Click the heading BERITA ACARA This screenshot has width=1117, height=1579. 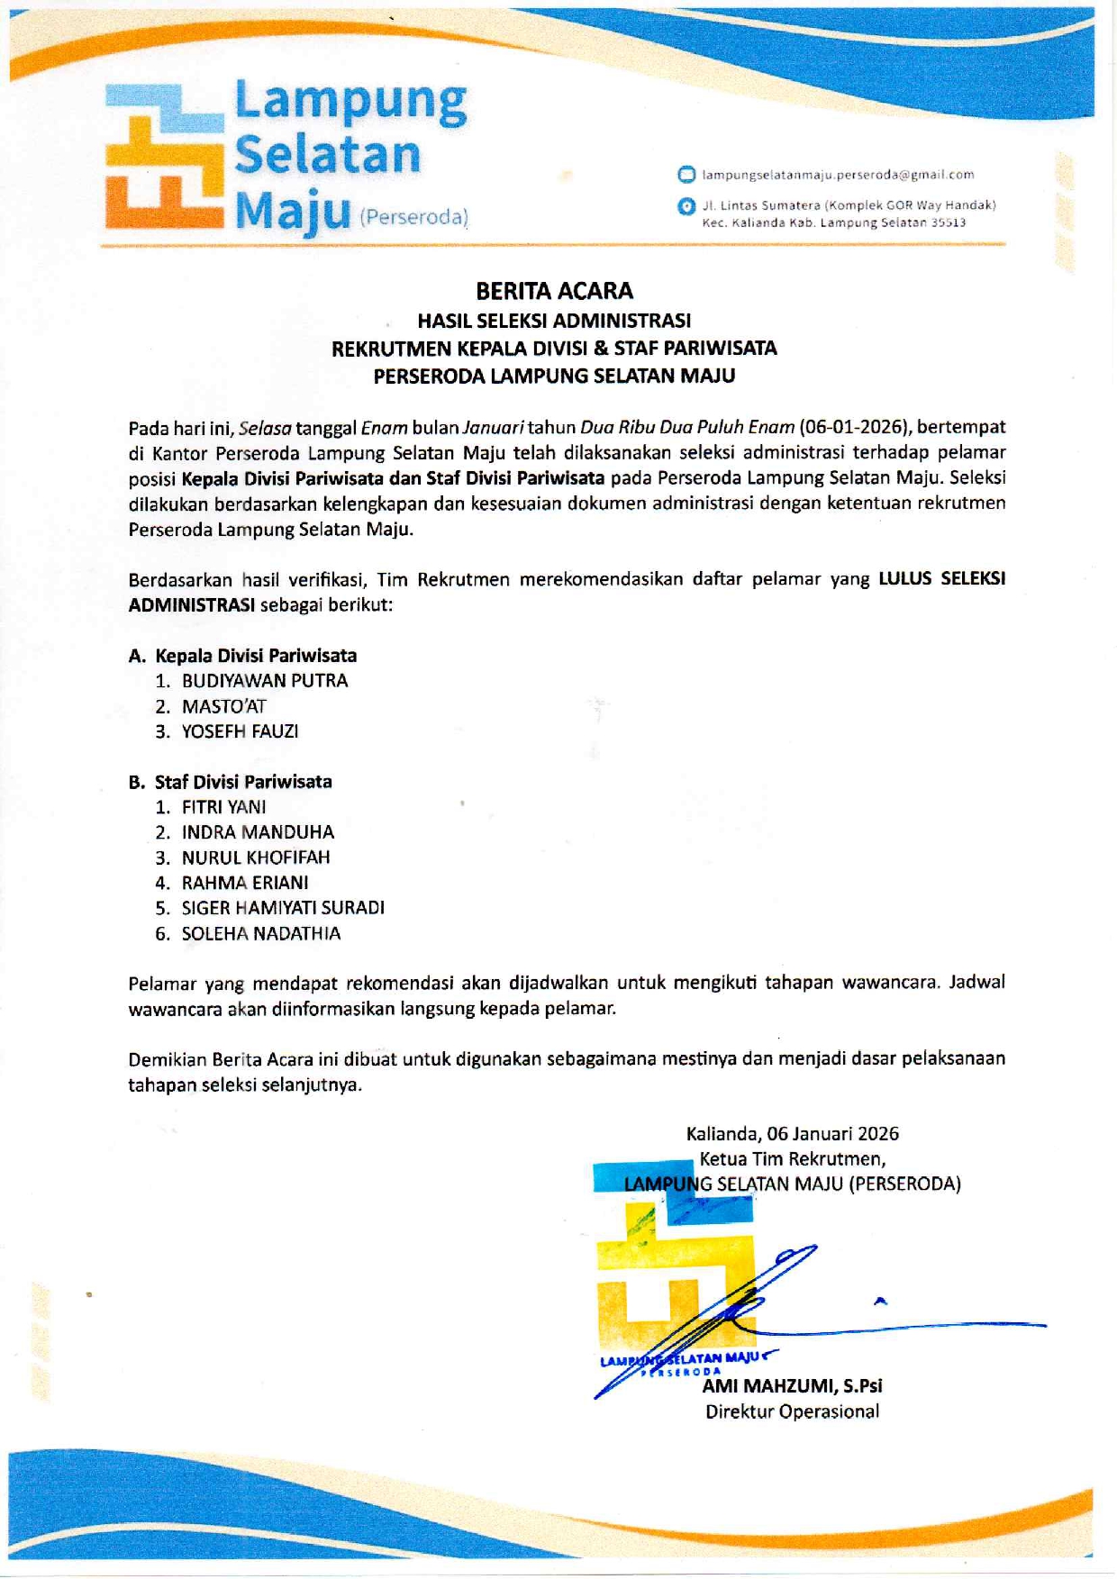[554, 291]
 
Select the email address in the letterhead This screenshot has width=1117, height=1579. [838, 175]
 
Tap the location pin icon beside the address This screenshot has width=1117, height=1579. [686, 206]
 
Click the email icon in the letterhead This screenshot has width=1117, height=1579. [686, 175]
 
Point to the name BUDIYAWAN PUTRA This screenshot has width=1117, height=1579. [265, 681]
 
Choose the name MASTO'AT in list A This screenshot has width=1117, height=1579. [224, 707]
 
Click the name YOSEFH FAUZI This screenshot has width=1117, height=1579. [240, 731]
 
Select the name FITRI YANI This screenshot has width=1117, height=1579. [223, 807]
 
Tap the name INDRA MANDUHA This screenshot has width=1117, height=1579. [258, 832]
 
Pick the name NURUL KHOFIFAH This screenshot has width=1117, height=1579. [256, 858]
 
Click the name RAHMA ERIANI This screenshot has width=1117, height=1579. [245, 883]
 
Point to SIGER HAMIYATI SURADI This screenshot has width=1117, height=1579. [283, 908]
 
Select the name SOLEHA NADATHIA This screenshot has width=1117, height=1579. [261, 934]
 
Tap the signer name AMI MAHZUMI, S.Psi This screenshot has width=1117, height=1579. [792, 1386]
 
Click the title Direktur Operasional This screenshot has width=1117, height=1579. [792, 1411]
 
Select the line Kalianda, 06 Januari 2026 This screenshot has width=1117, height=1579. [792, 1134]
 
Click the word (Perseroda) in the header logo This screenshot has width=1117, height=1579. [413, 218]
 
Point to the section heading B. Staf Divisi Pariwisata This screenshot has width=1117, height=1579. [230, 782]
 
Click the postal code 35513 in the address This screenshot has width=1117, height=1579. [949, 222]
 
